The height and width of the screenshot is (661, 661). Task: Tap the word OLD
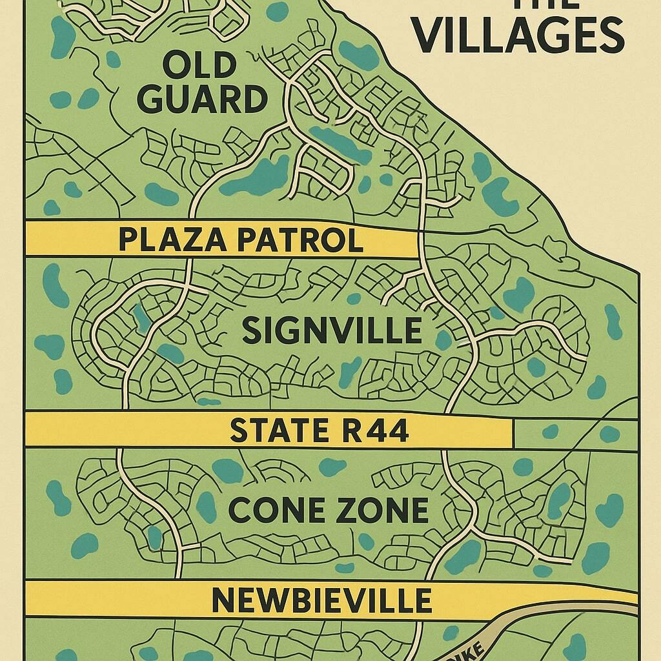(x=199, y=66)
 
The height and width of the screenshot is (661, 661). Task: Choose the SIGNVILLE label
(x=332, y=331)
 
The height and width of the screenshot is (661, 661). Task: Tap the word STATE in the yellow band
(x=272, y=431)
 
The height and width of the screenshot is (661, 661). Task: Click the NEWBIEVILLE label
(x=321, y=600)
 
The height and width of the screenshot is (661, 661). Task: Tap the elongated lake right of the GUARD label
(x=332, y=143)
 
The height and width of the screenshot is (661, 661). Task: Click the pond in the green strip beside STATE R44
(x=609, y=434)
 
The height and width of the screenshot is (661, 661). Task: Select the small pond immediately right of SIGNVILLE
(x=443, y=339)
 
